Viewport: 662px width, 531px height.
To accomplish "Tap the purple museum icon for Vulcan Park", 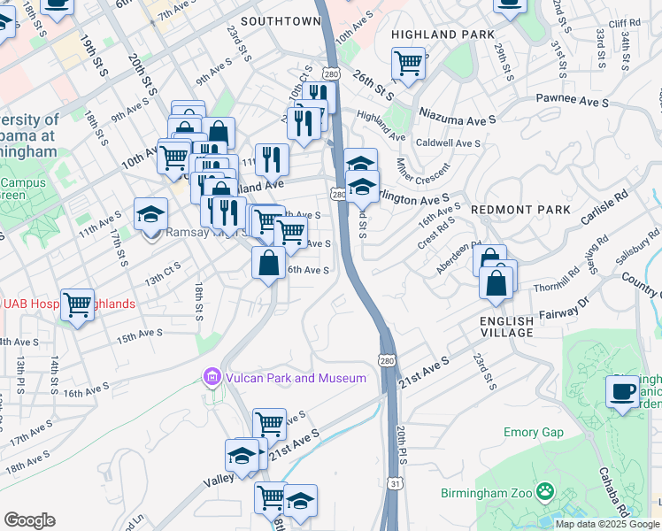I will (x=211, y=378).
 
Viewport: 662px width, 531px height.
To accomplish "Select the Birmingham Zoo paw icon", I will (x=546, y=489).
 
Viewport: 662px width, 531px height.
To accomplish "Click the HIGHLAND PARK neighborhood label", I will (x=443, y=35).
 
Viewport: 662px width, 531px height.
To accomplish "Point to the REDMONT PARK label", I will (x=509, y=210).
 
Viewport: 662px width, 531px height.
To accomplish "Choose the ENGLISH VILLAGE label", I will (x=506, y=327).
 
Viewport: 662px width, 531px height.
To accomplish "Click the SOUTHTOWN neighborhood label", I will (x=280, y=20).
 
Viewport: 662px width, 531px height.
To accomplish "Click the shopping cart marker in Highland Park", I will (x=407, y=62).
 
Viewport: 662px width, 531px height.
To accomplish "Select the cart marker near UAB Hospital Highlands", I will (x=78, y=305).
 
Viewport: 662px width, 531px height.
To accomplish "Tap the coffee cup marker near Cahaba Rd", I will (x=621, y=390).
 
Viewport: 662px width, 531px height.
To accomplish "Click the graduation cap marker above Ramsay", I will (x=150, y=213).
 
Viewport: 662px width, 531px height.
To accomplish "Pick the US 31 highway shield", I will (x=394, y=483).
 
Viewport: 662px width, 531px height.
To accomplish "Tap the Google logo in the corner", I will (x=29, y=520).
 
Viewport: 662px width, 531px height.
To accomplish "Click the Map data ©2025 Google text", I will (x=608, y=524).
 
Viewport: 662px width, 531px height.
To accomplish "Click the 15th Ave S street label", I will (x=139, y=335).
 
